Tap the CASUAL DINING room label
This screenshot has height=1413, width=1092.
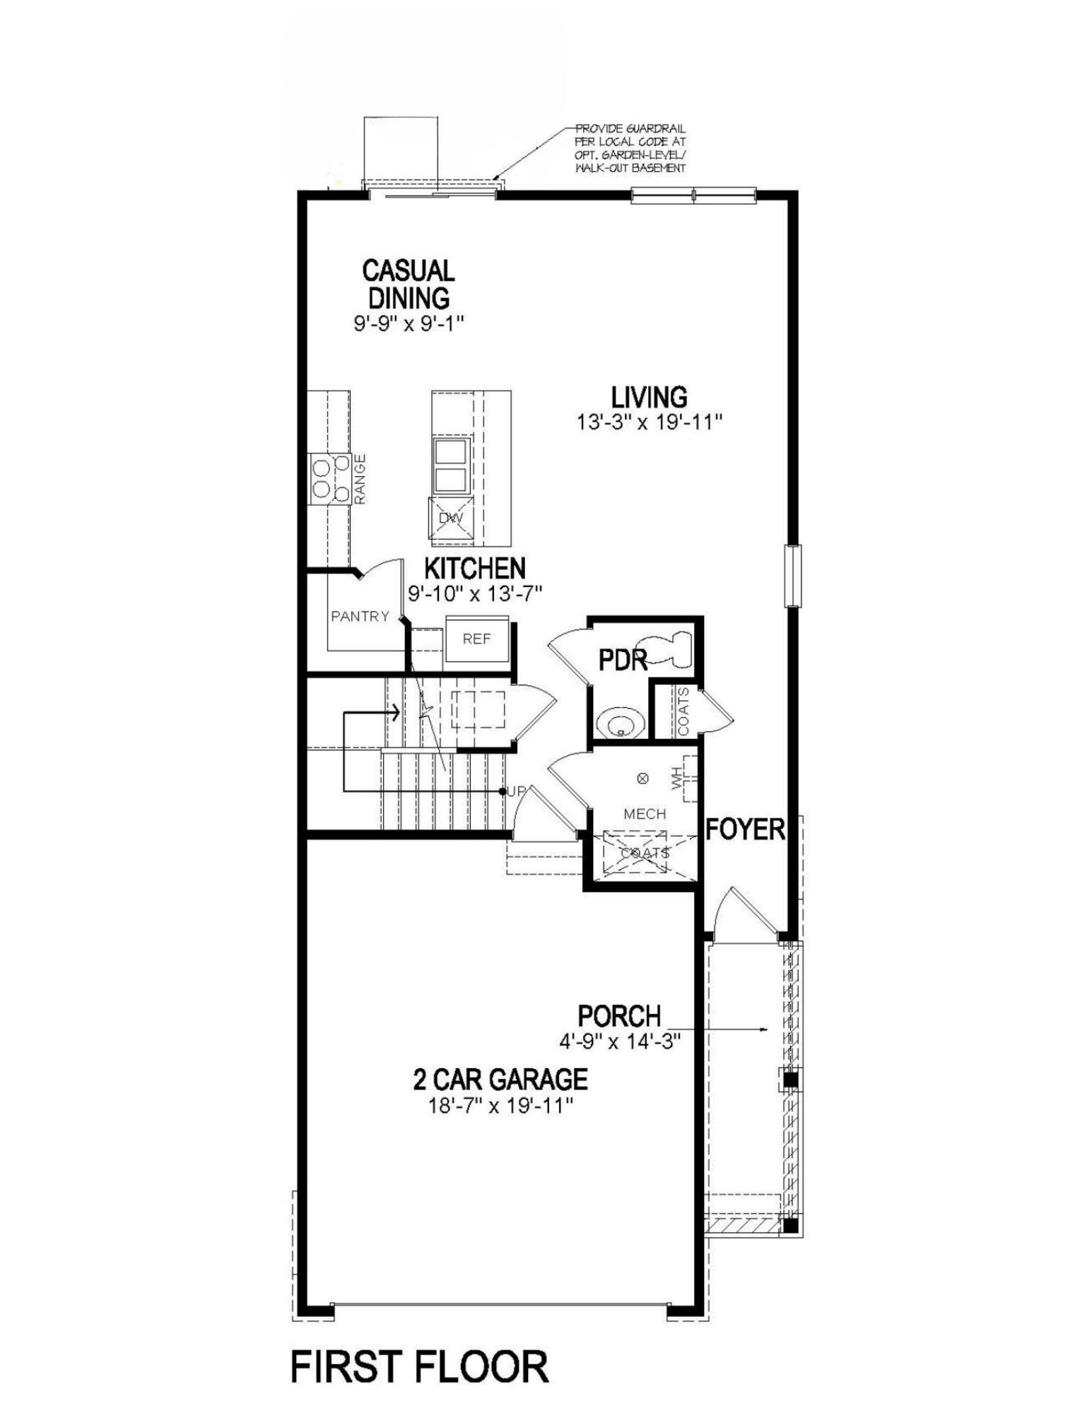click(x=408, y=283)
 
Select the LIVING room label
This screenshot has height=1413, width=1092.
click(x=649, y=397)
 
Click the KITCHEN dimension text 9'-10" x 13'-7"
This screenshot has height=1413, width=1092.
click(x=474, y=593)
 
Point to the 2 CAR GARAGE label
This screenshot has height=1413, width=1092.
click(x=500, y=1079)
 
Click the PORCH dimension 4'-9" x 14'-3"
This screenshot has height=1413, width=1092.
click(x=618, y=1041)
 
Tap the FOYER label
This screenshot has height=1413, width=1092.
click(x=745, y=828)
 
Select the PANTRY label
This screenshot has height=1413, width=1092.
click(x=360, y=616)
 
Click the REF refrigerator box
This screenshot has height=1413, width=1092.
click(x=476, y=639)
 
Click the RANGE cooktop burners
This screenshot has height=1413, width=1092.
click(x=329, y=478)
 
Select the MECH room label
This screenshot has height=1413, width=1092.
click(x=645, y=814)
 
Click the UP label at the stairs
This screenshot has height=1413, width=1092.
click(x=515, y=792)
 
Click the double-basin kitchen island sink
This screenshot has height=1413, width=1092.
click(x=450, y=466)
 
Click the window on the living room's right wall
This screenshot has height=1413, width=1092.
click(x=794, y=575)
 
